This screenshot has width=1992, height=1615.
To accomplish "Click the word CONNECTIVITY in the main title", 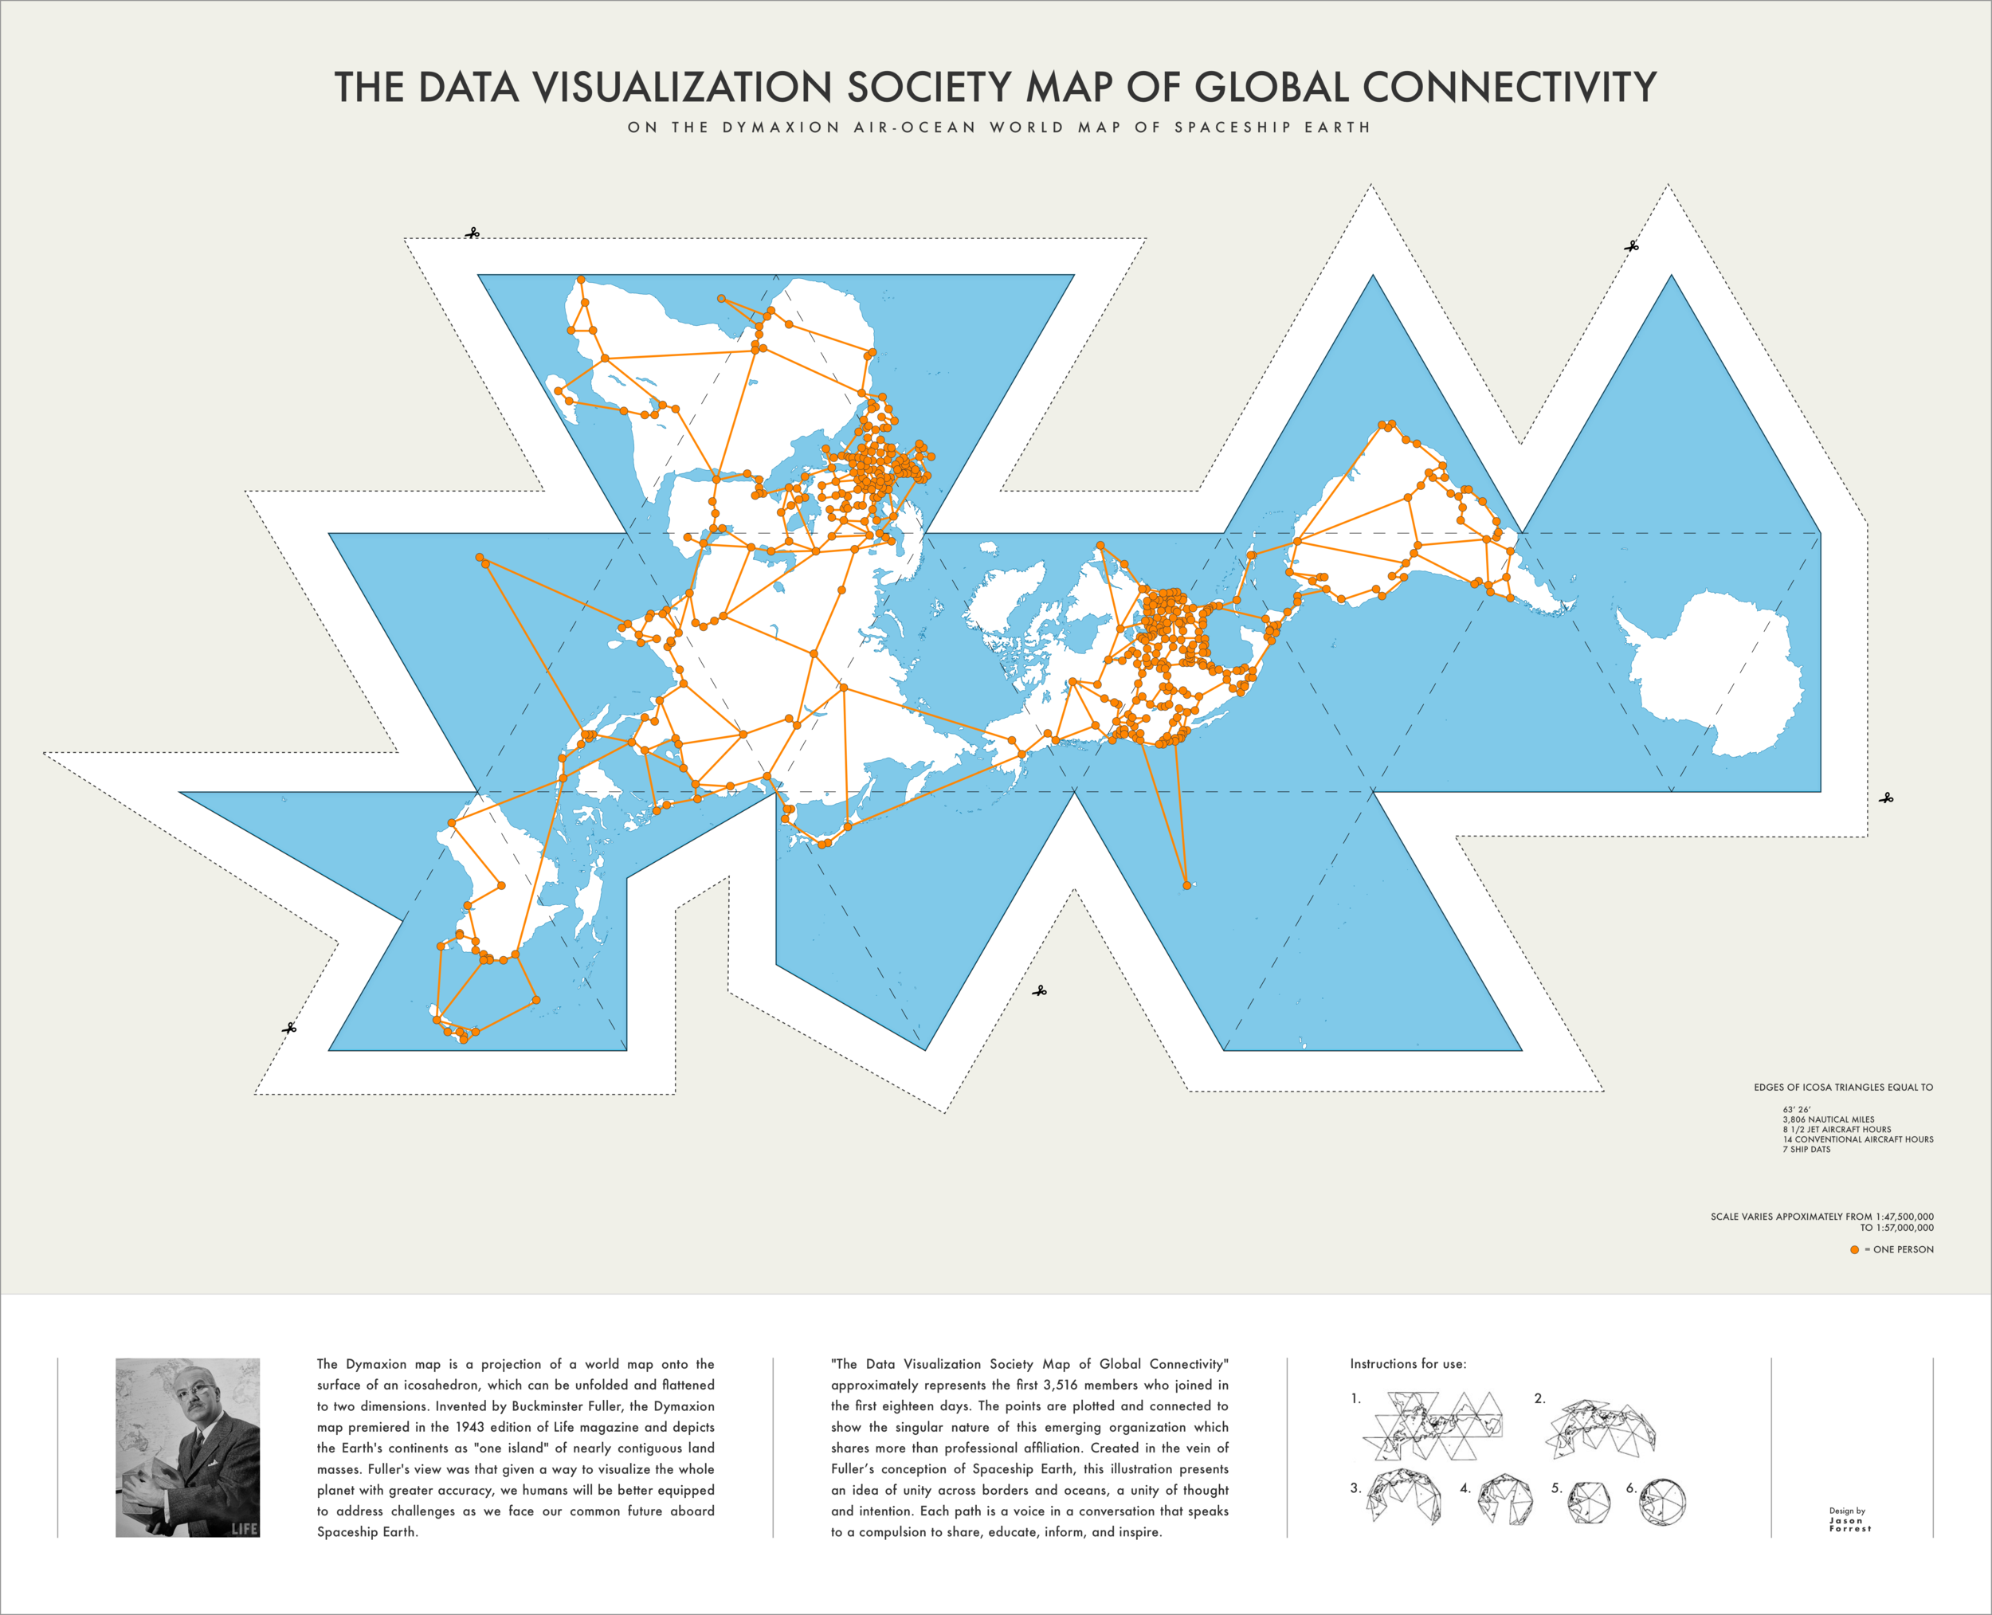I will click(1509, 88).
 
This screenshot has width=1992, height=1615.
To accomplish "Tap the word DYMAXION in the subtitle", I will click(781, 127).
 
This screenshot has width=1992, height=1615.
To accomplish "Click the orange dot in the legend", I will click(1854, 1249).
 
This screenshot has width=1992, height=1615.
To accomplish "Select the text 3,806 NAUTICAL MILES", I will click(1828, 1120).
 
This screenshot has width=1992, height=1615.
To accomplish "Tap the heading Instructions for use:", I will click(1408, 1364).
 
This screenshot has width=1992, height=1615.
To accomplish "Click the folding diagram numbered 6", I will click(1663, 1503).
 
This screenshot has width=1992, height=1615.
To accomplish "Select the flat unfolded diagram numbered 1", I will click(1433, 1425).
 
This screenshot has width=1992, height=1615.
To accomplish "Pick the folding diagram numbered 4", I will click(1505, 1499).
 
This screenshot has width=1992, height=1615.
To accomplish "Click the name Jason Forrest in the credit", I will click(1849, 1525).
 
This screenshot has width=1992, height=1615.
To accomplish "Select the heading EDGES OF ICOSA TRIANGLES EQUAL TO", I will click(1843, 1088).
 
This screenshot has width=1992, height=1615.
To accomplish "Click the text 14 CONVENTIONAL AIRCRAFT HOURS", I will click(1857, 1139).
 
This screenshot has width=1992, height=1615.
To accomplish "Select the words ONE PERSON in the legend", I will click(1903, 1249).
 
